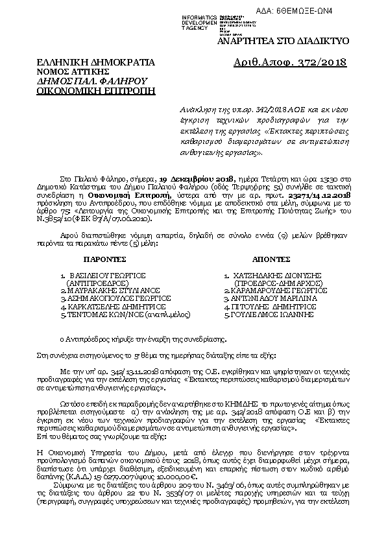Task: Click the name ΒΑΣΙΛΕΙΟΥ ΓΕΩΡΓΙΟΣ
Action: (103, 276)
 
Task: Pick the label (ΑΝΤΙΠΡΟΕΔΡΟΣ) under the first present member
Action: (98, 283)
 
